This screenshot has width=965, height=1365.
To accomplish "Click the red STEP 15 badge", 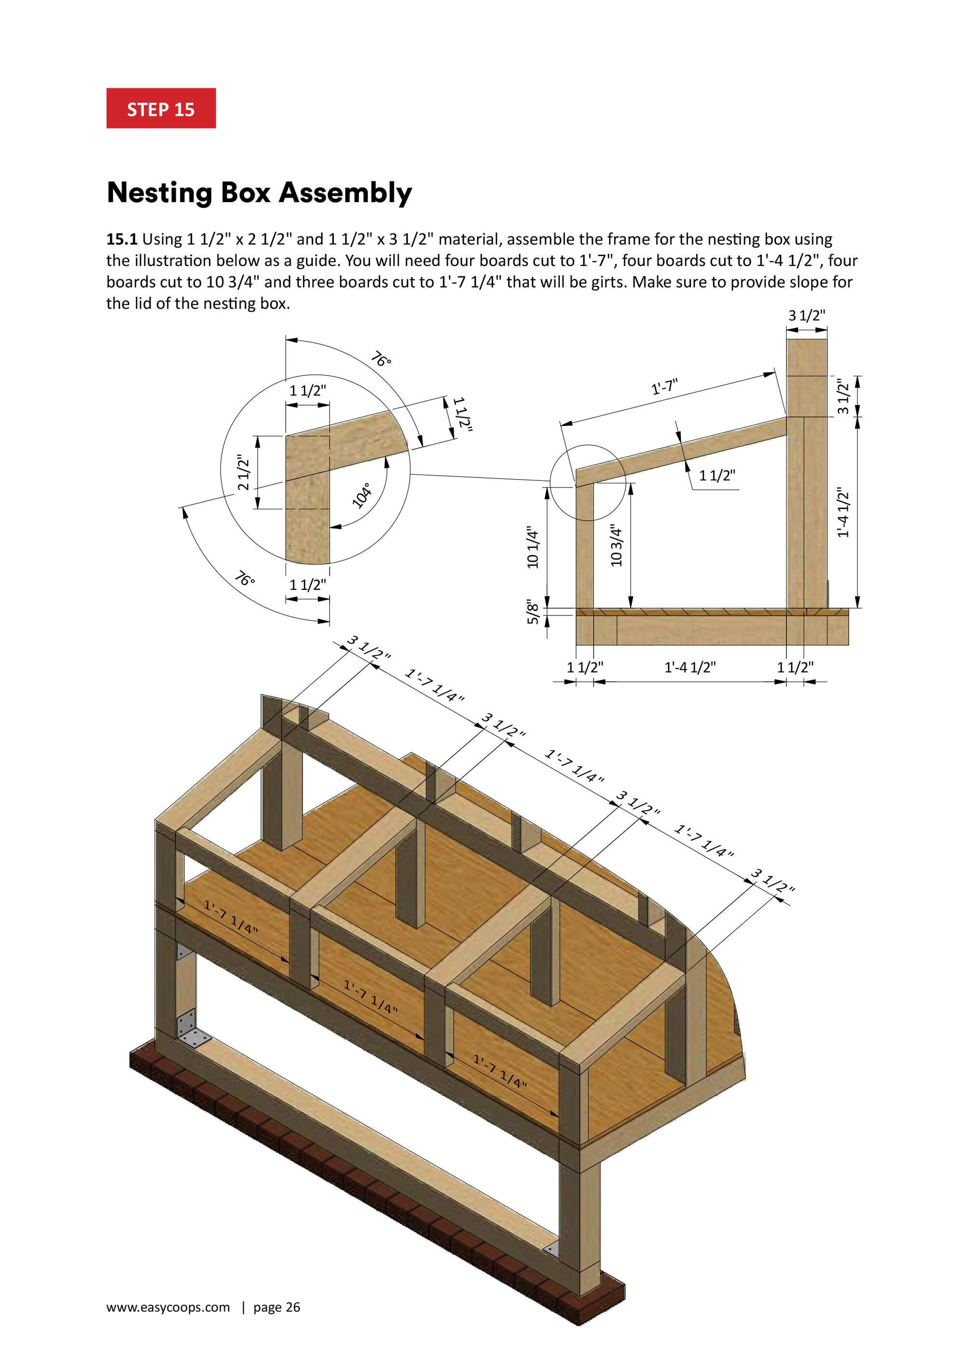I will (161, 109).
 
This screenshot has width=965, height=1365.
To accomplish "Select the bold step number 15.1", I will (122, 240).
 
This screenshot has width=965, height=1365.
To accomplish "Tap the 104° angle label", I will (362, 495).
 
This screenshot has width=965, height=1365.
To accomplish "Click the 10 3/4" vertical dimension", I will (617, 546).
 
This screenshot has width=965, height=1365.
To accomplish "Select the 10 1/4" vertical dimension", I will (533, 548).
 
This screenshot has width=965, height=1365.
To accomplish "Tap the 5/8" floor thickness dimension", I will (533, 613).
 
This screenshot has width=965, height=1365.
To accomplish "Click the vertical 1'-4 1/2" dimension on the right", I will (842, 512).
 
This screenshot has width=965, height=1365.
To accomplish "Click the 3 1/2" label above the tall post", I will (807, 315).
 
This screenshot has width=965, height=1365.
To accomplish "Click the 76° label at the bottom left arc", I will (244, 578).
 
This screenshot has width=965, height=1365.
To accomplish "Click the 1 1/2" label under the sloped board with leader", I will (717, 475).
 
